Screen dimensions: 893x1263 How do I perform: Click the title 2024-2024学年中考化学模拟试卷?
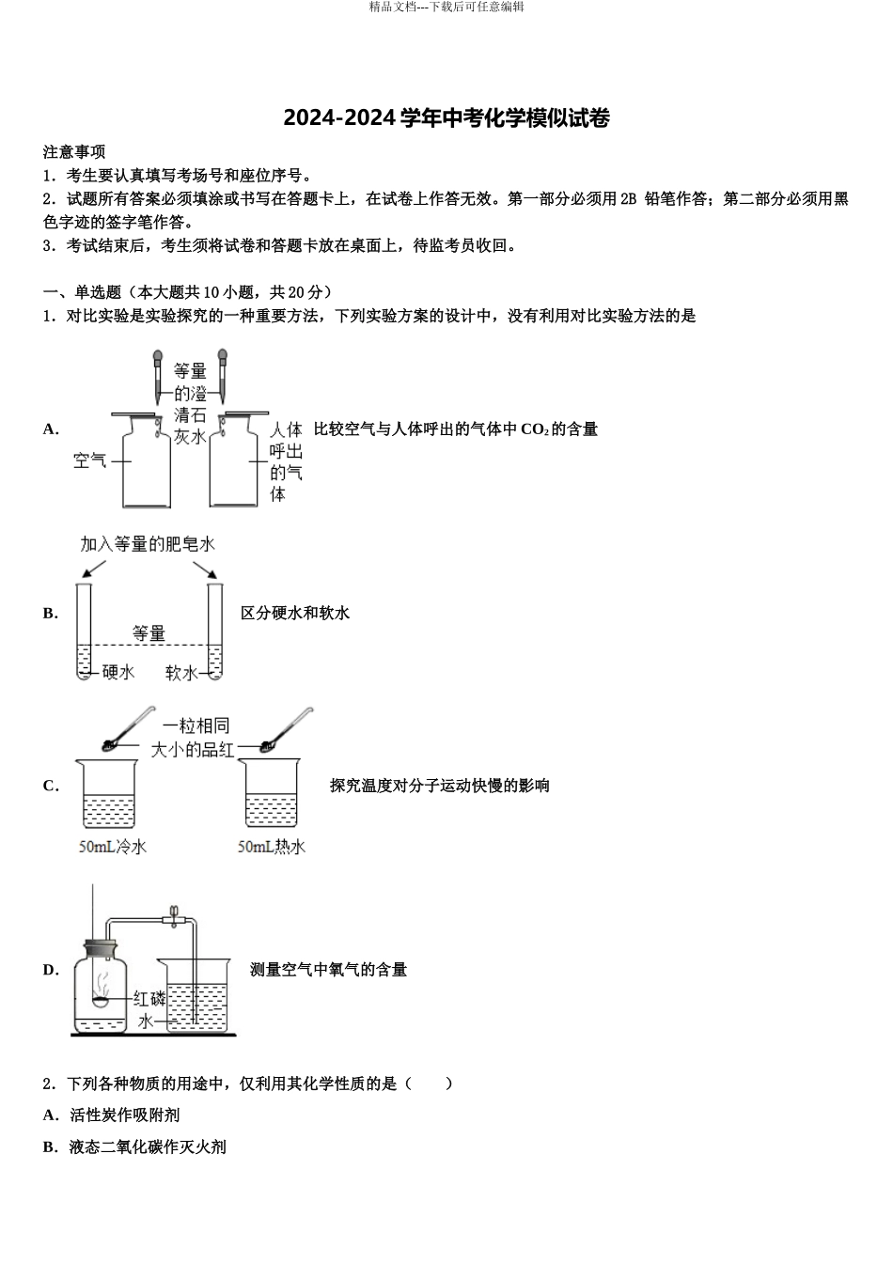(x=446, y=119)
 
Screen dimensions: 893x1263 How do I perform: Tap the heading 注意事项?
(x=74, y=152)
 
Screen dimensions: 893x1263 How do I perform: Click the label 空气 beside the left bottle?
(x=90, y=460)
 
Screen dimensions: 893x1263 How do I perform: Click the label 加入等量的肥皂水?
(x=148, y=544)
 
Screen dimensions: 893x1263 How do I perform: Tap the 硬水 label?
(x=118, y=672)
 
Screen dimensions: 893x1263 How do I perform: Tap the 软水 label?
(x=181, y=672)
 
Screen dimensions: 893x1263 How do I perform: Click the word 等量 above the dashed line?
(x=149, y=633)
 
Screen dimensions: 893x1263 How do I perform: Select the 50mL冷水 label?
(x=113, y=847)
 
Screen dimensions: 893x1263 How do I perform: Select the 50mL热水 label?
(x=272, y=847)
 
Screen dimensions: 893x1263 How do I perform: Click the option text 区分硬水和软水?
(x=295, y=614)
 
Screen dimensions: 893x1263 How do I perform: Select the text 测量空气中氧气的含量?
(x=328, y=970)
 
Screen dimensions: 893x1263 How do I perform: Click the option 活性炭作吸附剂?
(x=124, y=1115)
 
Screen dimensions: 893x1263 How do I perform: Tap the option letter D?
(x=51, y=970)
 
